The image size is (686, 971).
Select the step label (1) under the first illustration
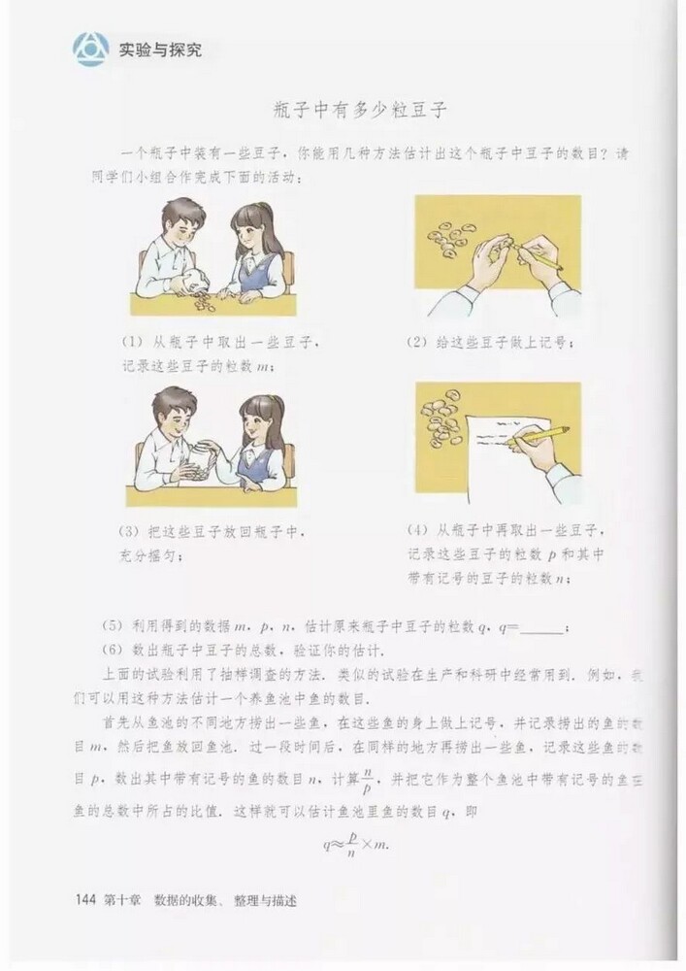click(x=132, y=342)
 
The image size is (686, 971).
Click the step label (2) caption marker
click(x=420, y=342)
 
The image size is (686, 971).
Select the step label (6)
click(x=114, y=651)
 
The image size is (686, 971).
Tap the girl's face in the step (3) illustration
click(x=257, y=424)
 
